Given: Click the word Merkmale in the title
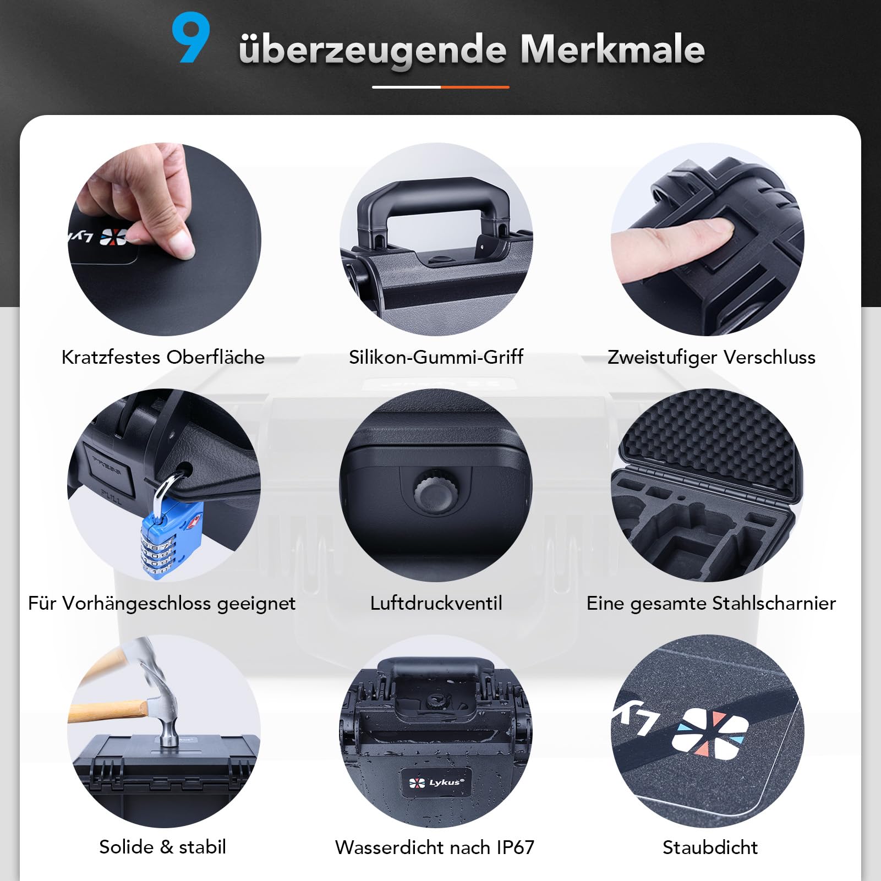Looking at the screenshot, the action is tap(612, 49).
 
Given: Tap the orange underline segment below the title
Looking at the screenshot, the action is tap(475, 87).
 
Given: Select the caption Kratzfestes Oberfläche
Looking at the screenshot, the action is tap(163, 357).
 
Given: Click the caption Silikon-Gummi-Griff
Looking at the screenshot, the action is tap(436, 357).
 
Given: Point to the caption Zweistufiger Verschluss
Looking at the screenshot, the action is tap(711, 357).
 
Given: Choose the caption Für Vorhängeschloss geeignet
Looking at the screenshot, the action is tap(162, 603).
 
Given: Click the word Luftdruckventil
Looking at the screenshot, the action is tap(436, 603).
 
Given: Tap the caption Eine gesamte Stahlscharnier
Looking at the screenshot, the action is tap(711, 603).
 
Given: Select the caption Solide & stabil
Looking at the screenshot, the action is tap(162, 847).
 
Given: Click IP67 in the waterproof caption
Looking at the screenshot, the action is tap(515, 847).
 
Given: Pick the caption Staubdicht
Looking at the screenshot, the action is tap(710, 847).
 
